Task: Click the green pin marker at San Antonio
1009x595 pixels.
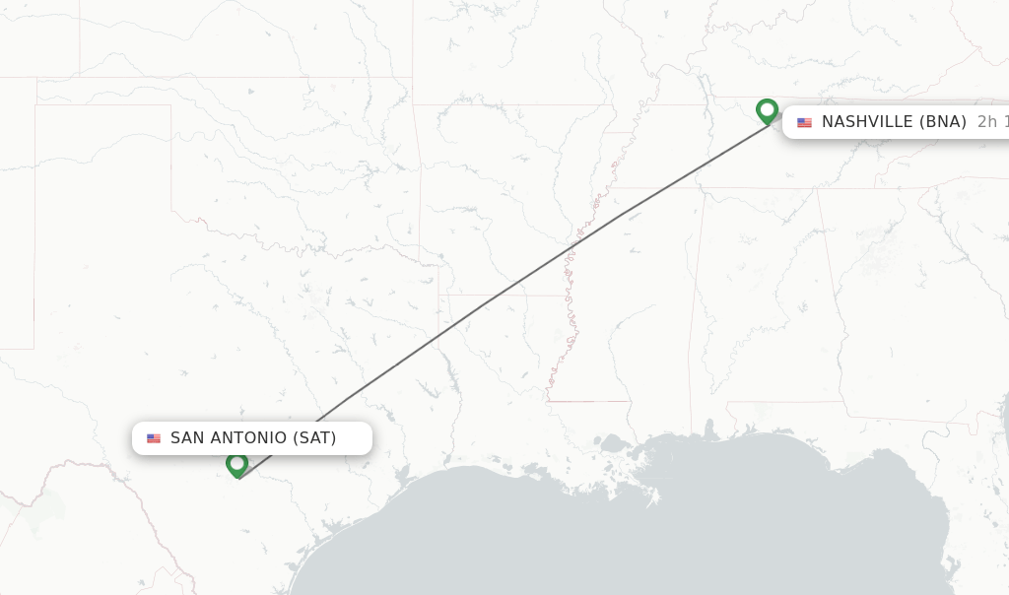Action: (236, 464)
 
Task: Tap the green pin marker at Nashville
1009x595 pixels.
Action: (767, 110)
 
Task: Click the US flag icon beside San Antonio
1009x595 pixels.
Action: (154, 438)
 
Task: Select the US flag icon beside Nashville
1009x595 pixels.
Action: (805, 122)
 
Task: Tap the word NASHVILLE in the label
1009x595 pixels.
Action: (867, 122)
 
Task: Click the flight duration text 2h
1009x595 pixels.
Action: (986, 122)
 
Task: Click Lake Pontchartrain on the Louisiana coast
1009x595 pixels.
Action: (614, 444)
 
